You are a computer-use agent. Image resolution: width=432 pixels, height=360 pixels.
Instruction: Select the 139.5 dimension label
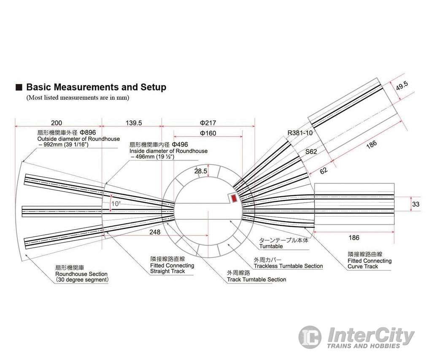point(134,123)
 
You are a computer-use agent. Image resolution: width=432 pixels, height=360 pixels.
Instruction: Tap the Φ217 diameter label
point(208,123)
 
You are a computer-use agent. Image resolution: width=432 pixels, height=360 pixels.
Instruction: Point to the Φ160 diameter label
point(208,133)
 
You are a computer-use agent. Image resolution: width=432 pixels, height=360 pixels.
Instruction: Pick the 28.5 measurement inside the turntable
point(200,171)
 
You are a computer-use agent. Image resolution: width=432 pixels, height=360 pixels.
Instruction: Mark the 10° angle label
point(116,203)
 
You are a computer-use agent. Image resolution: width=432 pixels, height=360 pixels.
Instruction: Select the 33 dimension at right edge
point(416,204)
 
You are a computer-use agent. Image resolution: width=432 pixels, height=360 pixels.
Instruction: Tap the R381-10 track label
point(300,133)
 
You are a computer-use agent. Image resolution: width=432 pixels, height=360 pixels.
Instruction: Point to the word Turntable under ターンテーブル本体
point(271,246)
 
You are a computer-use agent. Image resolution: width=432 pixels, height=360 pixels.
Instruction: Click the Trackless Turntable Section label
point(288,266)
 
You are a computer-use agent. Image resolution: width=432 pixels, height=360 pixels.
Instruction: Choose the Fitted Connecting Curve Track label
point(369,264)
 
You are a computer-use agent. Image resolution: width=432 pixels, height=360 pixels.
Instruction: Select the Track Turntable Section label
point(256,279)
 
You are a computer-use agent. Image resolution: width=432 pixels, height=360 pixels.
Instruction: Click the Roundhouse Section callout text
point(81,274)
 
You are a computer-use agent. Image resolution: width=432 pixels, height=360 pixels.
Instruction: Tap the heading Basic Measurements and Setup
point(96,87)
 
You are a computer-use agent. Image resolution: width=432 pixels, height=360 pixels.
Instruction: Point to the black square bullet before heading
point(19,88)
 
